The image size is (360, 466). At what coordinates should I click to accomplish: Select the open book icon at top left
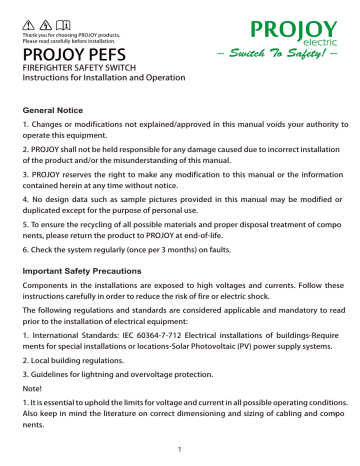pyautogui.click(x=65, y=9)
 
